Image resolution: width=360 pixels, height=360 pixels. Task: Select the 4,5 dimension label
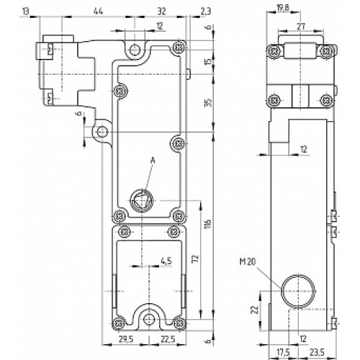[166, 260]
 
